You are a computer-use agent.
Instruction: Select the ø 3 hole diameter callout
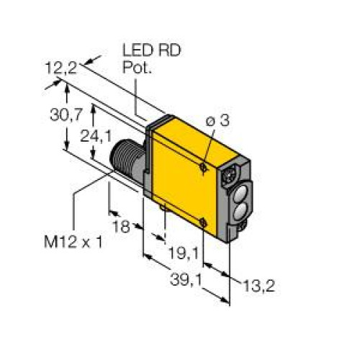(217, 122)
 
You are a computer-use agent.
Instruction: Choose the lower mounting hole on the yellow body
(206, 222)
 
